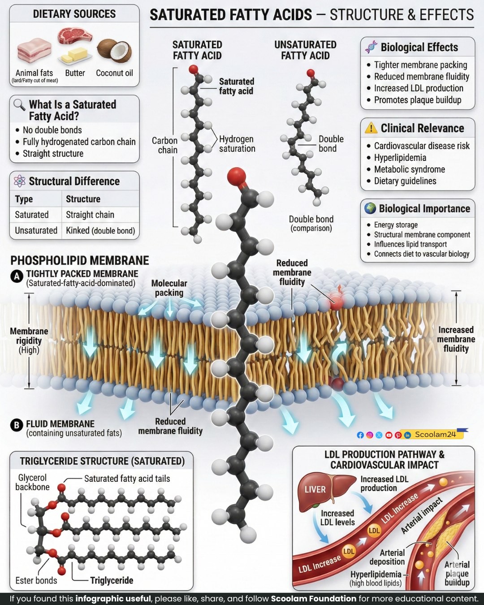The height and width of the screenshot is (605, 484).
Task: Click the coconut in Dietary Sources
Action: (x=114, y=51)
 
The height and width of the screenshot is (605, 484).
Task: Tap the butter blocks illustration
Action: (x=74, y=55)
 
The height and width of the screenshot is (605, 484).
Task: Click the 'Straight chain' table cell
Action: (x=90, y=215)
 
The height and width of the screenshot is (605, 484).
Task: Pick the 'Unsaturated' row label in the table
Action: (x=36, y=230)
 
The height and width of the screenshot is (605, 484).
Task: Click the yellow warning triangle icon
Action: (x=371, y=128)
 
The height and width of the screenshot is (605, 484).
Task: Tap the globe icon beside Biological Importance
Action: (x=370, y=208)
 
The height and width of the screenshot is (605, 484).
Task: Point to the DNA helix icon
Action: (x=371, y=47)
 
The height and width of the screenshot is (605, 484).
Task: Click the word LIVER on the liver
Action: (x=315, y=489)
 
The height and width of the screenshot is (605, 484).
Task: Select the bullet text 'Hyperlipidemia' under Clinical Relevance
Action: (x=400, y=158)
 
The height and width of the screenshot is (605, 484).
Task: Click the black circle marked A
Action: (x=17, y=277)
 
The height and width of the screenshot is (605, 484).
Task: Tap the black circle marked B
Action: (x=17, y=425)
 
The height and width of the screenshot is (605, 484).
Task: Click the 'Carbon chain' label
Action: (x=165, y=145)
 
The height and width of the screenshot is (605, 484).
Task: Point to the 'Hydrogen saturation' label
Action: (x=237, y=144)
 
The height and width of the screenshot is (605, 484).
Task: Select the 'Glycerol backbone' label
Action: (x=32, y=482)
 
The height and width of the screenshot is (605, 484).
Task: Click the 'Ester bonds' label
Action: (x=36, y=580)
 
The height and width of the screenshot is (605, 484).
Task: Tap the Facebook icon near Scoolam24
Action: (x=360, y=435)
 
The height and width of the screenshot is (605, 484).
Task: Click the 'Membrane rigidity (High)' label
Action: (x=29, y=341)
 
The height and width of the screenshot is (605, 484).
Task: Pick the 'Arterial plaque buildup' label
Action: (x=457, y=574)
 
